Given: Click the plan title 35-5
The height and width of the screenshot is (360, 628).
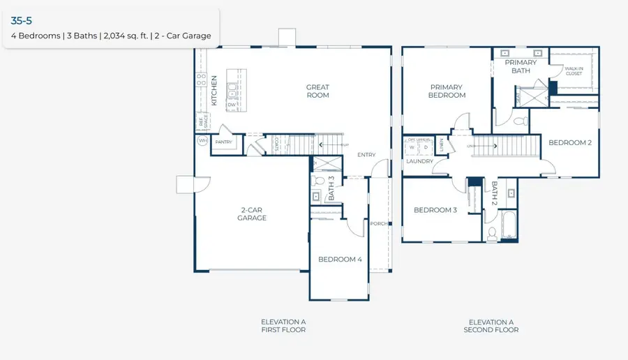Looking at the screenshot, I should [x=22, y=21].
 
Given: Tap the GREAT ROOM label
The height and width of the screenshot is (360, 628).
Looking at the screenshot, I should [x=317, y=91].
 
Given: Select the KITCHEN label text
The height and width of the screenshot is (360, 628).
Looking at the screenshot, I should [x=214, y=91].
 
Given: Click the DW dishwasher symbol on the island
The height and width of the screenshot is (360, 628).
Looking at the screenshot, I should [x=231, y=105].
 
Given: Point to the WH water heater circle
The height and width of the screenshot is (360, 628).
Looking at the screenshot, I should [x=202, y=140].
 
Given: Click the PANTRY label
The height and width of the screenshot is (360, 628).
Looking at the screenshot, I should [x=223, y=142].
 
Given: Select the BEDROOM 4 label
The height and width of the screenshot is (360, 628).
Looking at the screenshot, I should [x=340, y=260].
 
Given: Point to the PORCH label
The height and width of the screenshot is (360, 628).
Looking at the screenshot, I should [x=379, y=224].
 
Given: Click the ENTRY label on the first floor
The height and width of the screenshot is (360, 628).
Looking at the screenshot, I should [x=366, y=155].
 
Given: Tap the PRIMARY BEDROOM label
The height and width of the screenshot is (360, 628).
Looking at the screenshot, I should [x=447, y=91].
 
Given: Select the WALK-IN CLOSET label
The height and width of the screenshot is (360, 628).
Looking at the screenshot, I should [x=574, y=70].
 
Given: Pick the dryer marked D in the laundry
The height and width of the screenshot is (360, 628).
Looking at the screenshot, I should [x=425, y=148].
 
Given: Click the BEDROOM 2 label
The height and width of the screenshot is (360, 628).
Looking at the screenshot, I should [x=569, y=142].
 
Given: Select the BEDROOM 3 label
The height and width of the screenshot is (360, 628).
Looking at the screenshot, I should [x=435, y=210].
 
